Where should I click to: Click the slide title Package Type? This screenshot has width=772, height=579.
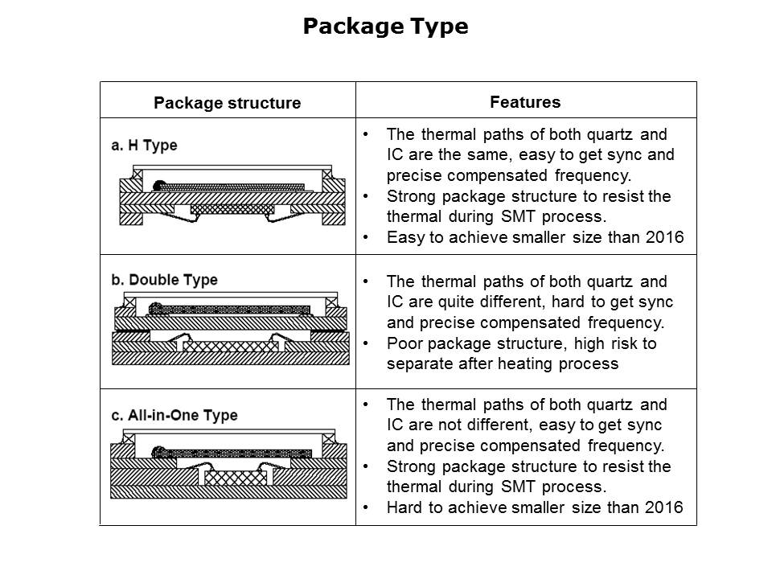coord(385,27)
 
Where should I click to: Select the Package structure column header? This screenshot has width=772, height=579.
coord(227,103)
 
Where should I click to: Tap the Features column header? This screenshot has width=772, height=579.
coord(525,102)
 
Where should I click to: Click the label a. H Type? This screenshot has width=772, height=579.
coord(144,146)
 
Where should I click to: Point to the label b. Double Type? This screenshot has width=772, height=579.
coord(164,280)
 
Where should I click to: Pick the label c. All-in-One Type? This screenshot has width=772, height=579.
coord(175,416)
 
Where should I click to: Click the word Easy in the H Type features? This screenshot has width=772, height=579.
coord(403,237)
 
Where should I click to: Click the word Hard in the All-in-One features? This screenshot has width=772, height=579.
coord(403,507)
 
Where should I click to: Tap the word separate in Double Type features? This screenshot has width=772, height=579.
coord(417,363)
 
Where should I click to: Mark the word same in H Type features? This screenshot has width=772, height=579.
coord(512,154)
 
